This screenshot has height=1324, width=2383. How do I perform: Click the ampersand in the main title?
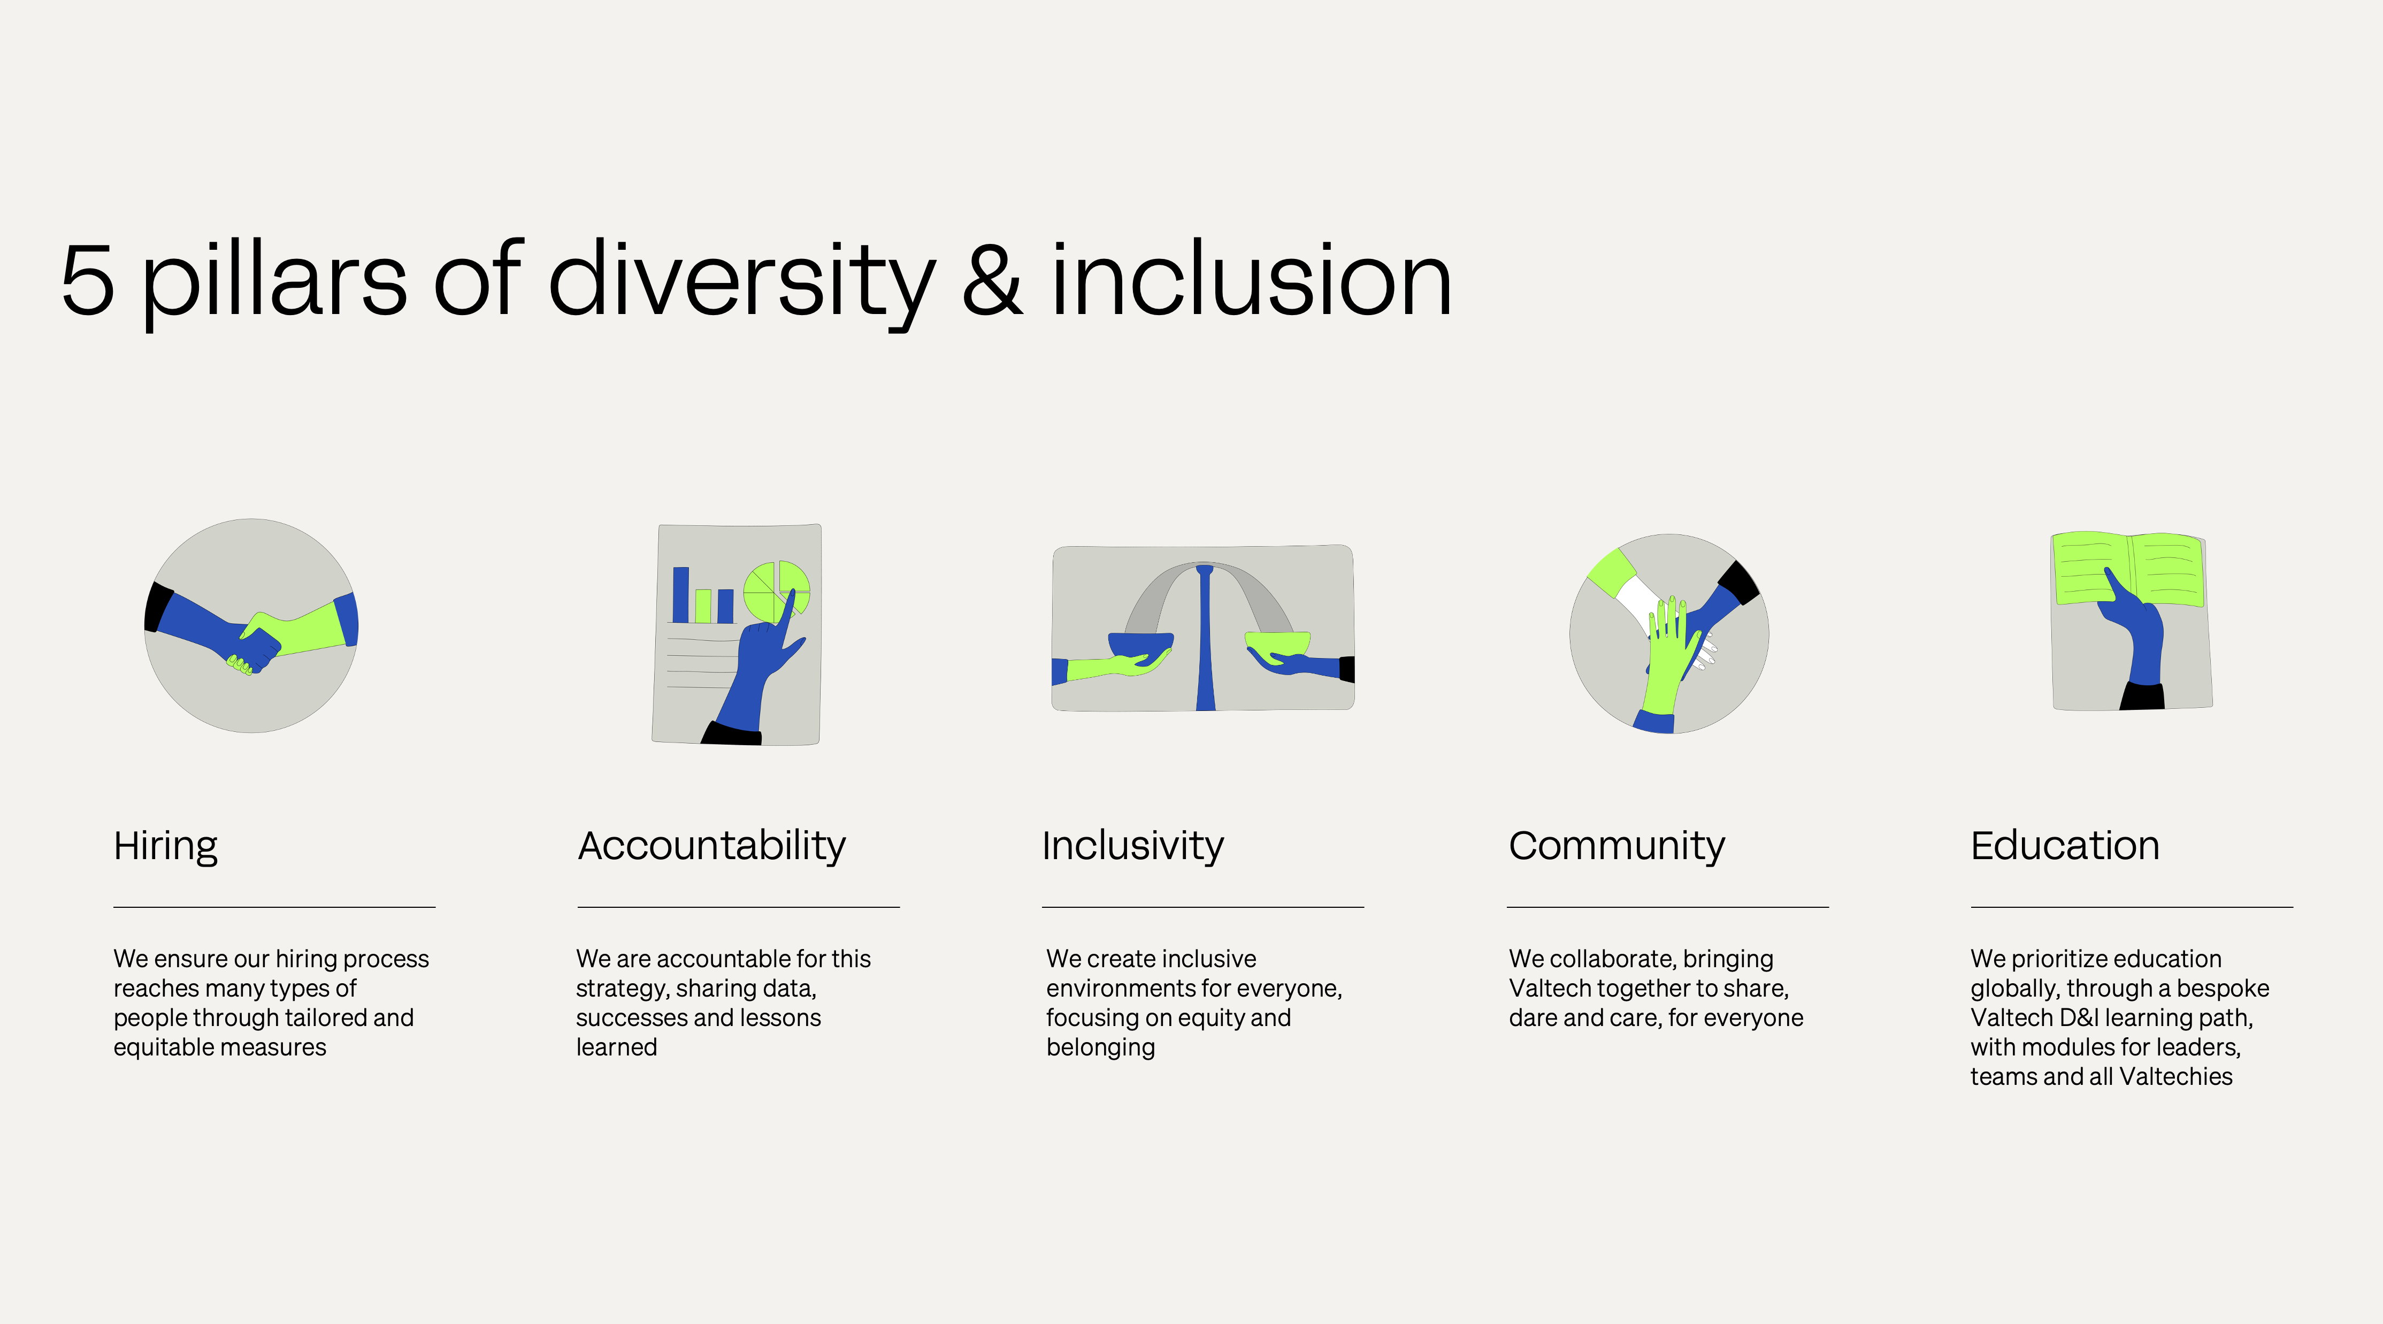(992, 279)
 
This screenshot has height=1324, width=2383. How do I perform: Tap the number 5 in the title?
(88, 279)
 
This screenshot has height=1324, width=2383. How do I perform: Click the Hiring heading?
(166, 846)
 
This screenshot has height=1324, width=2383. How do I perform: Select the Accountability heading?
(711, 846)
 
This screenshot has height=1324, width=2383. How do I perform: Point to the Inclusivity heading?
(1132, 846)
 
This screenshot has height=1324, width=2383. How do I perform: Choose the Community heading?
(1616, 846)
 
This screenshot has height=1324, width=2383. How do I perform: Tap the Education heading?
(2065, 846)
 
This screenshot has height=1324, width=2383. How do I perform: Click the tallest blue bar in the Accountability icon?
(681, 595)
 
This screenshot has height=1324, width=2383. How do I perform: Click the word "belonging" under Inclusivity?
(1100, 1047)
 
